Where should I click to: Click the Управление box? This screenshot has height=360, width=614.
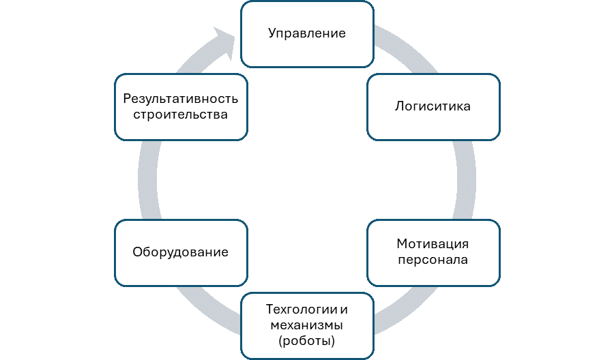point(307,34)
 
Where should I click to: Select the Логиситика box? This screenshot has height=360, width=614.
point(433,107)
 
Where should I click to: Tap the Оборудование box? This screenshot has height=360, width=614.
point(180,252)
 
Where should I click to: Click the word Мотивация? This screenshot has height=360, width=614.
point(433,244)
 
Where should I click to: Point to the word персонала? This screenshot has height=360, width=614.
point(433,260)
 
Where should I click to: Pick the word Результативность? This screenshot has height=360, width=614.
point(180,98)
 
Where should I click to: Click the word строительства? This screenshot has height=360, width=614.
point(180,115)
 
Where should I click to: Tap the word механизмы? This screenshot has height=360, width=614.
point(307,325)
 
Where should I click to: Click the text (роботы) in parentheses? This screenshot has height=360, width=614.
point(307,340)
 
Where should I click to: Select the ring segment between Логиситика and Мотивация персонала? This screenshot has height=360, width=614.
point(466,180)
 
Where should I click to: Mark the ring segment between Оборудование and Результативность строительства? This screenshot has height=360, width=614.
point(147,180)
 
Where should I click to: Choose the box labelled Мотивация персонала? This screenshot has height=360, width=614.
point(433,252)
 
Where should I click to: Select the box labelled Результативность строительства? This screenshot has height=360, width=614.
point(180,107)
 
